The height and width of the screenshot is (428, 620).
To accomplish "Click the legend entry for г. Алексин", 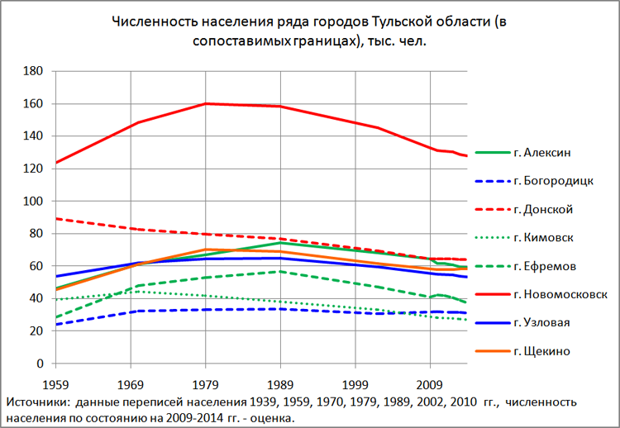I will click(542, 152).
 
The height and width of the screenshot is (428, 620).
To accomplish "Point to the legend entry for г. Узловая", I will click(542, 323).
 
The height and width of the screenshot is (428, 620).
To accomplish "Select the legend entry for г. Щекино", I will click(541, 352).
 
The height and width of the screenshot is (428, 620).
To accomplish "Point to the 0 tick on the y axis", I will click(39, 364).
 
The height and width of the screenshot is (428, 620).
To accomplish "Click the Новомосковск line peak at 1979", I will click(205, 103).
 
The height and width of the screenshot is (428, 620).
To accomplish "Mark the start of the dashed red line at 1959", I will click(55, 218).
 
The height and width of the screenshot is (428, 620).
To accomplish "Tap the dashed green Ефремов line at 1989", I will click(280, 271).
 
